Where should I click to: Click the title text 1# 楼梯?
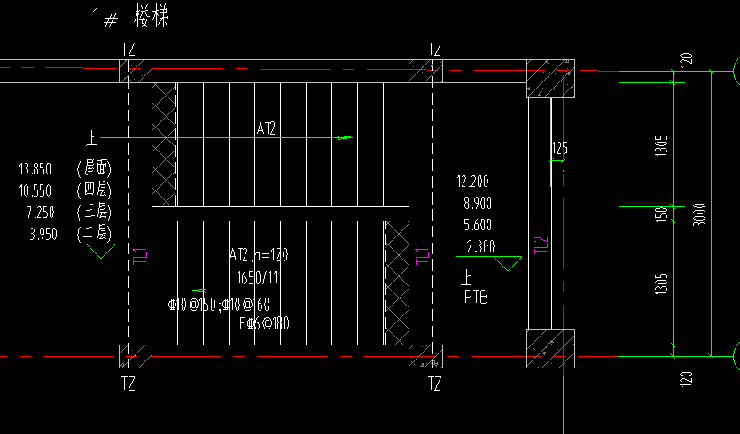(130, 16)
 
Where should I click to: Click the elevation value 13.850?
(35, 168)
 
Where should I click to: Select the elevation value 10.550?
(35, 190)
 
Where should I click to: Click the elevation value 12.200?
(473, 182)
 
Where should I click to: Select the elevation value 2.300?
(479, 246)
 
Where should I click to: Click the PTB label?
(476, 298)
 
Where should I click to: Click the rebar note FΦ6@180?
(264, 323)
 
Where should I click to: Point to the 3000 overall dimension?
(699, 213)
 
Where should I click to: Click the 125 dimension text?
(559, 149)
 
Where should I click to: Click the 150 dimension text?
(661, 214)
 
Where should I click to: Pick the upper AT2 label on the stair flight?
(266, 128)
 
